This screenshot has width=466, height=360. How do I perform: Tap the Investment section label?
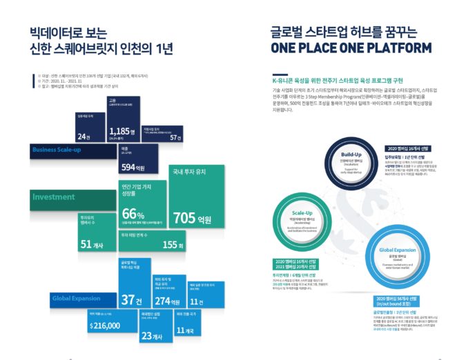pyautogui.click(x=53, y=197)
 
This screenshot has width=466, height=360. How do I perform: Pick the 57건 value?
pyautogui.click(x=176, y=137)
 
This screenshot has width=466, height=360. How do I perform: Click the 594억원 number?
pyautogui.click(x=133, y=167)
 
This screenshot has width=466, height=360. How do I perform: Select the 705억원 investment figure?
pyautogui.click(x=193, y=219)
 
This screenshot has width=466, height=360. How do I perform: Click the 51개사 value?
pyautogui.click(x=91, y=244)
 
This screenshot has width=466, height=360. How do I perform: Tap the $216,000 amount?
pyautogui.click(x=105, y=326)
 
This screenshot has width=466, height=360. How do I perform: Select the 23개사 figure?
pyautogui.click(x=151, y=336)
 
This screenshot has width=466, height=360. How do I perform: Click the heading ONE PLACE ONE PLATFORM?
pyautogui.click(x=351, y=48)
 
